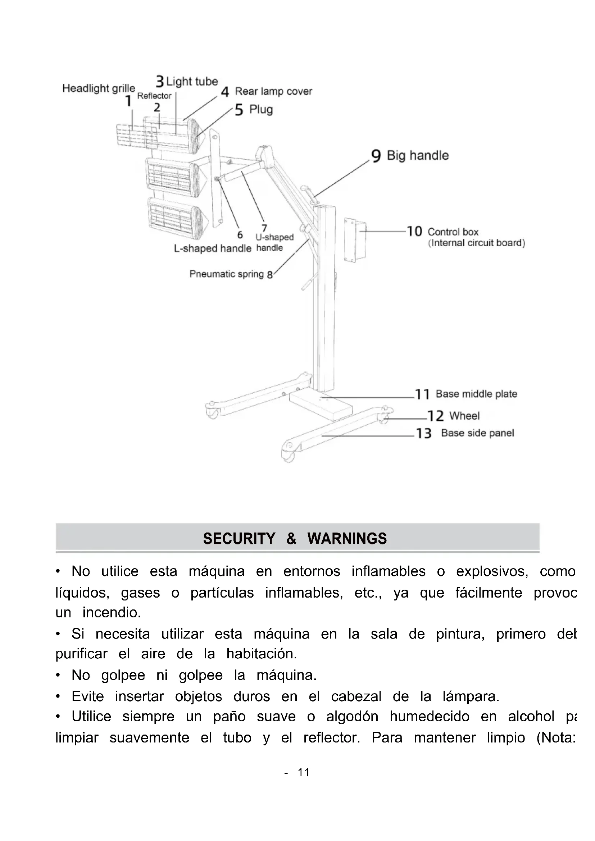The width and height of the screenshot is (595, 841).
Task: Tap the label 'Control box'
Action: (x=453, y=232)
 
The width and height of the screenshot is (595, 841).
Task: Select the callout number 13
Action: (x=423, y=433)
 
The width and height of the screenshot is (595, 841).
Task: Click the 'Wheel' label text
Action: (x=464, y=416)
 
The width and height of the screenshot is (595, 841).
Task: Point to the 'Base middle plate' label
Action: (x=476, y=394)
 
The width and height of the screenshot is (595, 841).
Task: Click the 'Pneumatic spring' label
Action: (x=226, y=274)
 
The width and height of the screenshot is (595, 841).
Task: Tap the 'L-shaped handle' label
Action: (x=213, y=248)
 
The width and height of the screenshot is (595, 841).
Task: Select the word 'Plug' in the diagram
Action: (x=261, y=109)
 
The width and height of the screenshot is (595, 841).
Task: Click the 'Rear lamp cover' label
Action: (x=273, y=91)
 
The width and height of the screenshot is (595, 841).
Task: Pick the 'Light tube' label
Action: (x=192, y=81)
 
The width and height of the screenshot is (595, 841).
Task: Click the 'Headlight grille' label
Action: (x=99, y=88)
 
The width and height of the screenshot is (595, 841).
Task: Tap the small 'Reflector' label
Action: (x=154, y=96)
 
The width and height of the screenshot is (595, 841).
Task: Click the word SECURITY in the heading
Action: (x=239, y=539)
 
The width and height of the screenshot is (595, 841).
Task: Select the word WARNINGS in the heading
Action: (x=347, y=539)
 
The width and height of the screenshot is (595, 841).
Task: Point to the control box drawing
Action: (x=355, y=240)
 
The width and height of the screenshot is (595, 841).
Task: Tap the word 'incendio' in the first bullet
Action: (x=112, y=612)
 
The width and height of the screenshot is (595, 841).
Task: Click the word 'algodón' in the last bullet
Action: (x=352, y=717)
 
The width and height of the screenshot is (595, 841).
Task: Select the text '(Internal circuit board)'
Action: (x=476, y=243)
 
